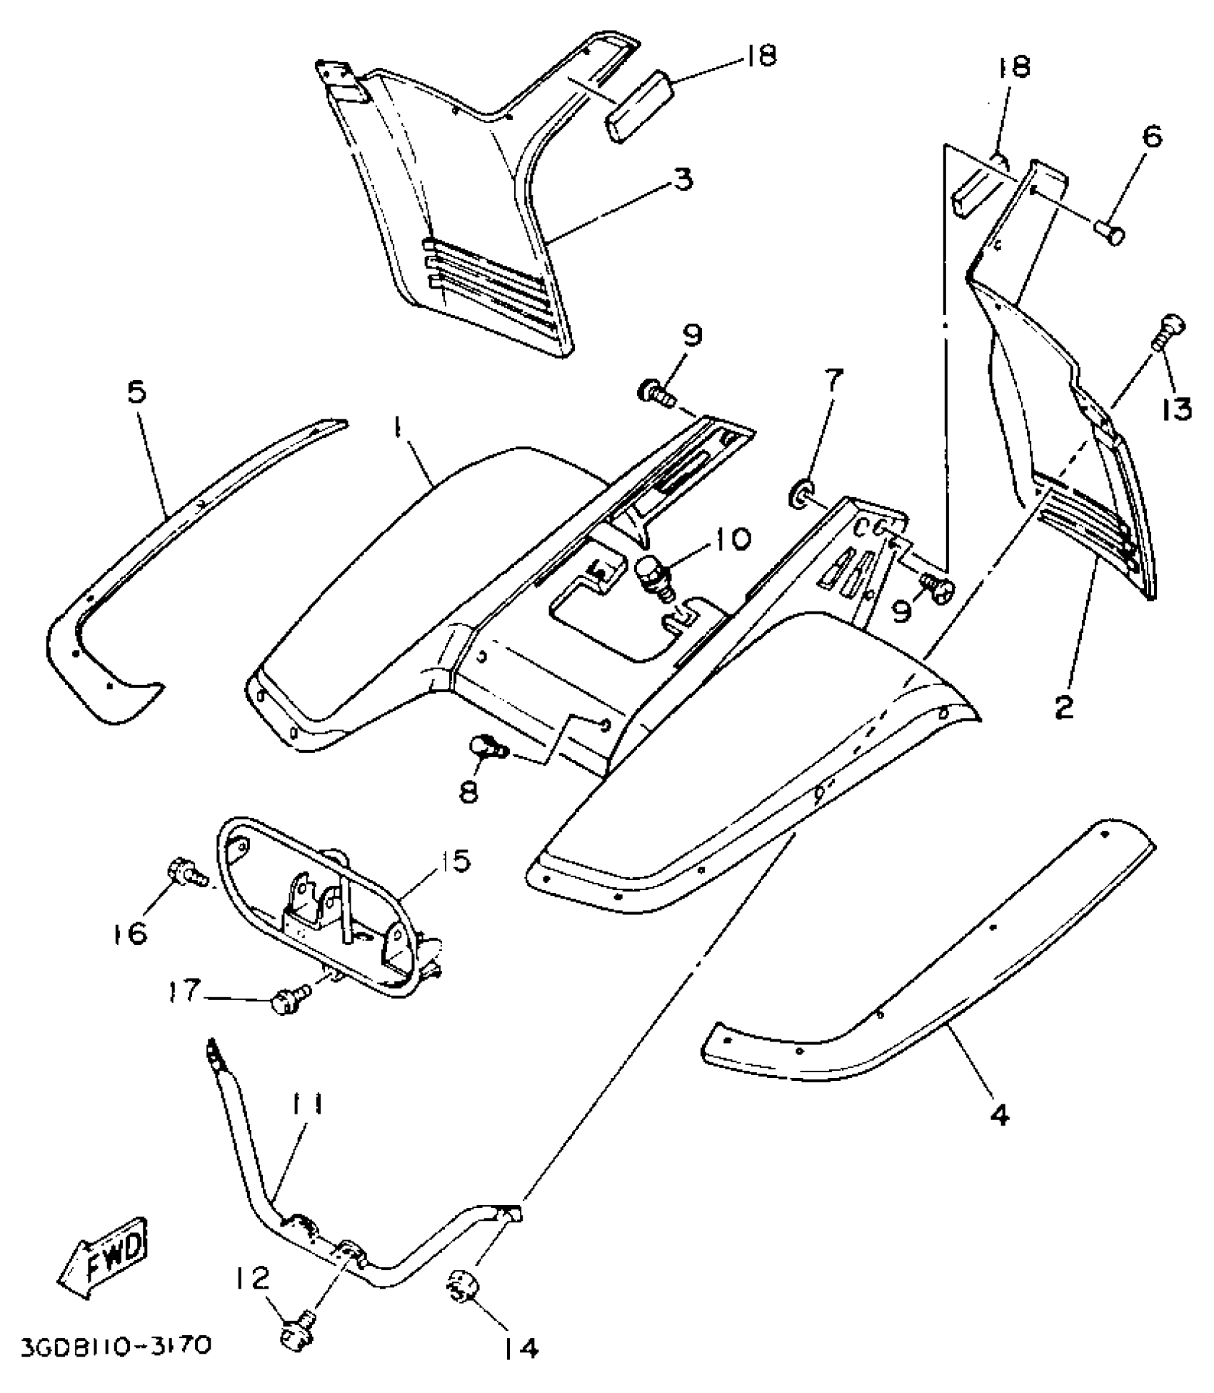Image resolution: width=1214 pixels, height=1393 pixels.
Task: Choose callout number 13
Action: click(1175, 409)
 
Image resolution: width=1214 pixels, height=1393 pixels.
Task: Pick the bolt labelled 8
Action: click(487, 749)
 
